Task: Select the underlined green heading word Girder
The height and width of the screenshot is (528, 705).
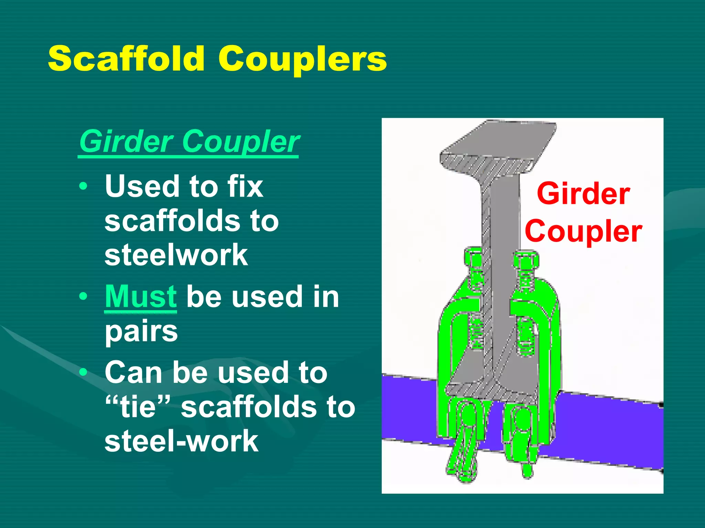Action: (127, 141)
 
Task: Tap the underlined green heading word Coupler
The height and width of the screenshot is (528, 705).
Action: (241, 142)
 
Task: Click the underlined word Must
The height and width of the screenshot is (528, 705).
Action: (141, 297)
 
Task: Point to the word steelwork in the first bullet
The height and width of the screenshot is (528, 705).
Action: (176, 255)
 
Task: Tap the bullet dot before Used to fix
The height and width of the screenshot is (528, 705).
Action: (83, 186)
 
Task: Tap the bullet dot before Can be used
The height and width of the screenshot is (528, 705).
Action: (83, 372)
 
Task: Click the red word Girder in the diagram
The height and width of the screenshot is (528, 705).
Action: (583, 194)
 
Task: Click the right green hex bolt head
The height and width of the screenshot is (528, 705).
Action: (526, 261)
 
